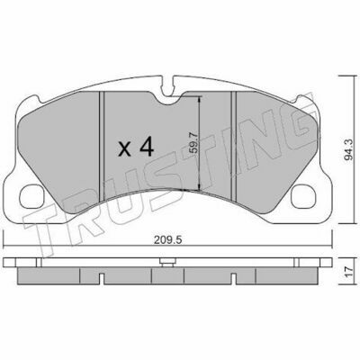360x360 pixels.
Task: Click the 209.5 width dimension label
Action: [167, 240]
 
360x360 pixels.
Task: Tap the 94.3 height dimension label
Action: [348, 150]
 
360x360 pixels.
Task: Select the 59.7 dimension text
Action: [194, 143]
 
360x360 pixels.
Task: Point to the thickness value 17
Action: [347, 272]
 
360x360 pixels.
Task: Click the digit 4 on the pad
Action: [147, 147]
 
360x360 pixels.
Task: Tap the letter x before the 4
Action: [124, 149]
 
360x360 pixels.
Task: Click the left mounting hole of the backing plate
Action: [31, 196]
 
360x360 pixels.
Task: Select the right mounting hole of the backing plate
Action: [303, 196]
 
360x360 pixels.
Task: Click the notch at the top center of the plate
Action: [169, 86]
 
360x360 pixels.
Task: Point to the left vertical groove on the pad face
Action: [102, 146]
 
